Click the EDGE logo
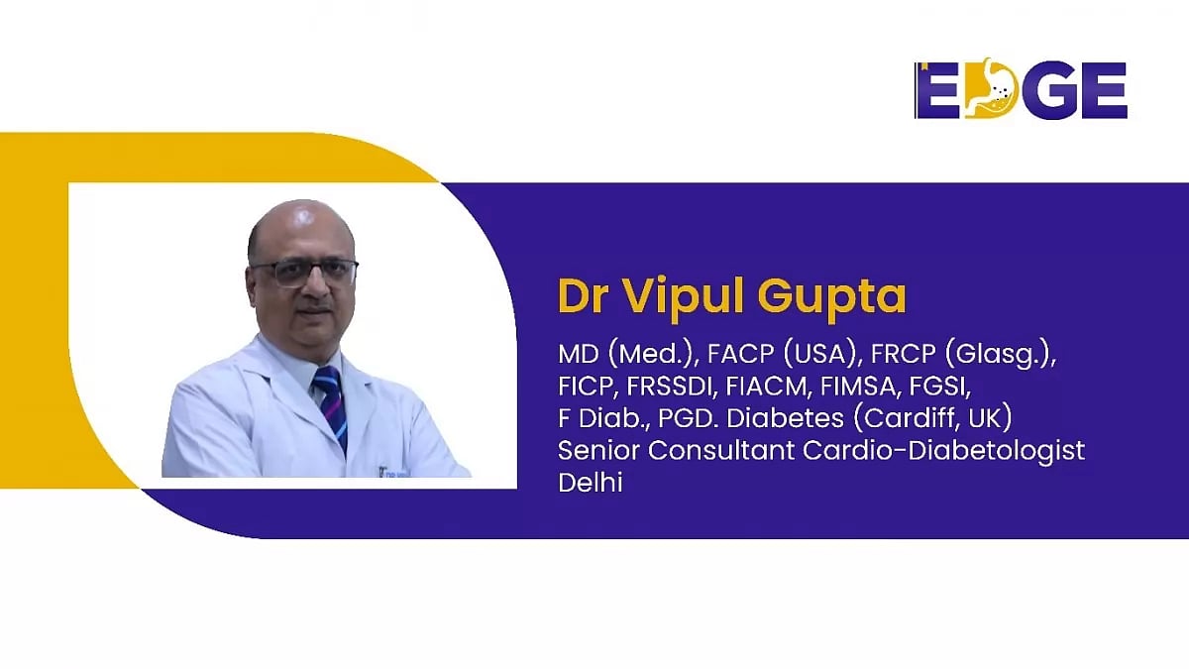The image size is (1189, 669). (x=1021, y=90)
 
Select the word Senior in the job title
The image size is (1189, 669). (x=597, y=450)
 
